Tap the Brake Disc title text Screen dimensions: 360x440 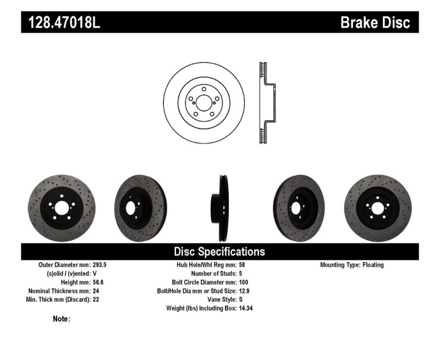(x=375, y=23)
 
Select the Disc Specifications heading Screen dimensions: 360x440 (x=219, y=252)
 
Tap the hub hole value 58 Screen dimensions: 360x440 (x=242, y=265)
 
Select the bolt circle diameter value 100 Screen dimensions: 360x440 (x=244, y=283)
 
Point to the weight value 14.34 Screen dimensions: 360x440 (x=246, y=309)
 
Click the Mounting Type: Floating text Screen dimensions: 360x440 (x=352, y=265)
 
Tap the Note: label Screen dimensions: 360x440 (x=61, y=319)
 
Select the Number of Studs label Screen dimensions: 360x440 (x=214, y=274)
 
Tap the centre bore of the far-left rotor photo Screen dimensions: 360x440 (x=61, y=209)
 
